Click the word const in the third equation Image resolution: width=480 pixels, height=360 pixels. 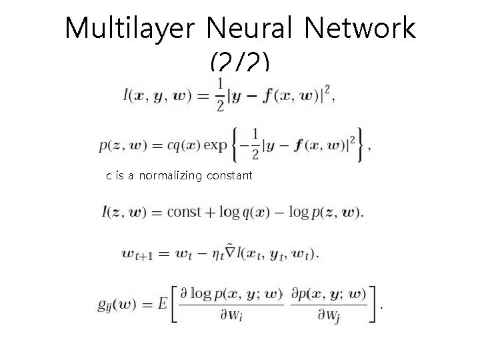184,213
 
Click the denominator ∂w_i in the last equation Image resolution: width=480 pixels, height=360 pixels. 229,315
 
